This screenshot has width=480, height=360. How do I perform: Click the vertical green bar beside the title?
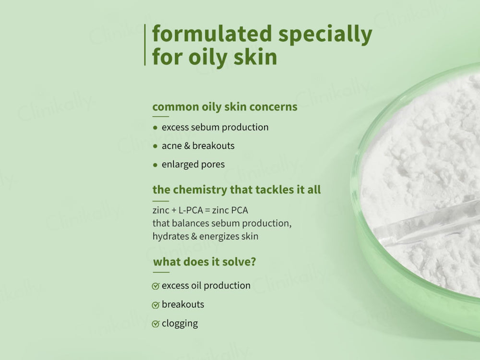click(x=145, y=45)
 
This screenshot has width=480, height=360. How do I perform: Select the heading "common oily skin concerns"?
click(x=225, y=107)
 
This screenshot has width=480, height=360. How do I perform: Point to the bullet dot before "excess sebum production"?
click(x=155, y=128)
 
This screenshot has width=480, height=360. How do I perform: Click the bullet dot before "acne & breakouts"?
click(x=155, y=146)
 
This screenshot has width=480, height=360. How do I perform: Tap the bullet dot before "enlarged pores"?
click(x=155, y=165)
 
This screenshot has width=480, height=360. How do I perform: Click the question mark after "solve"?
click(x=252, y=262)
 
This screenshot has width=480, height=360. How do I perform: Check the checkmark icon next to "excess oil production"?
click(x=156, y=286)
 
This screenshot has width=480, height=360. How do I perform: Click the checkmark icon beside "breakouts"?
click(x=156, y=305)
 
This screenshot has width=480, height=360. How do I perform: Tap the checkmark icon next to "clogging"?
click(x=156, y=324)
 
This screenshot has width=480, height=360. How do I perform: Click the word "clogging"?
click(x=180, y=324)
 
